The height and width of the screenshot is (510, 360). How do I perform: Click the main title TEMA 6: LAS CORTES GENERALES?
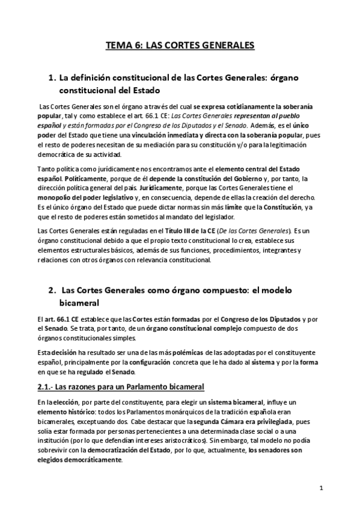point(180,45)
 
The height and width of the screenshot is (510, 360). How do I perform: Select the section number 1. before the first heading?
point(52,78)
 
